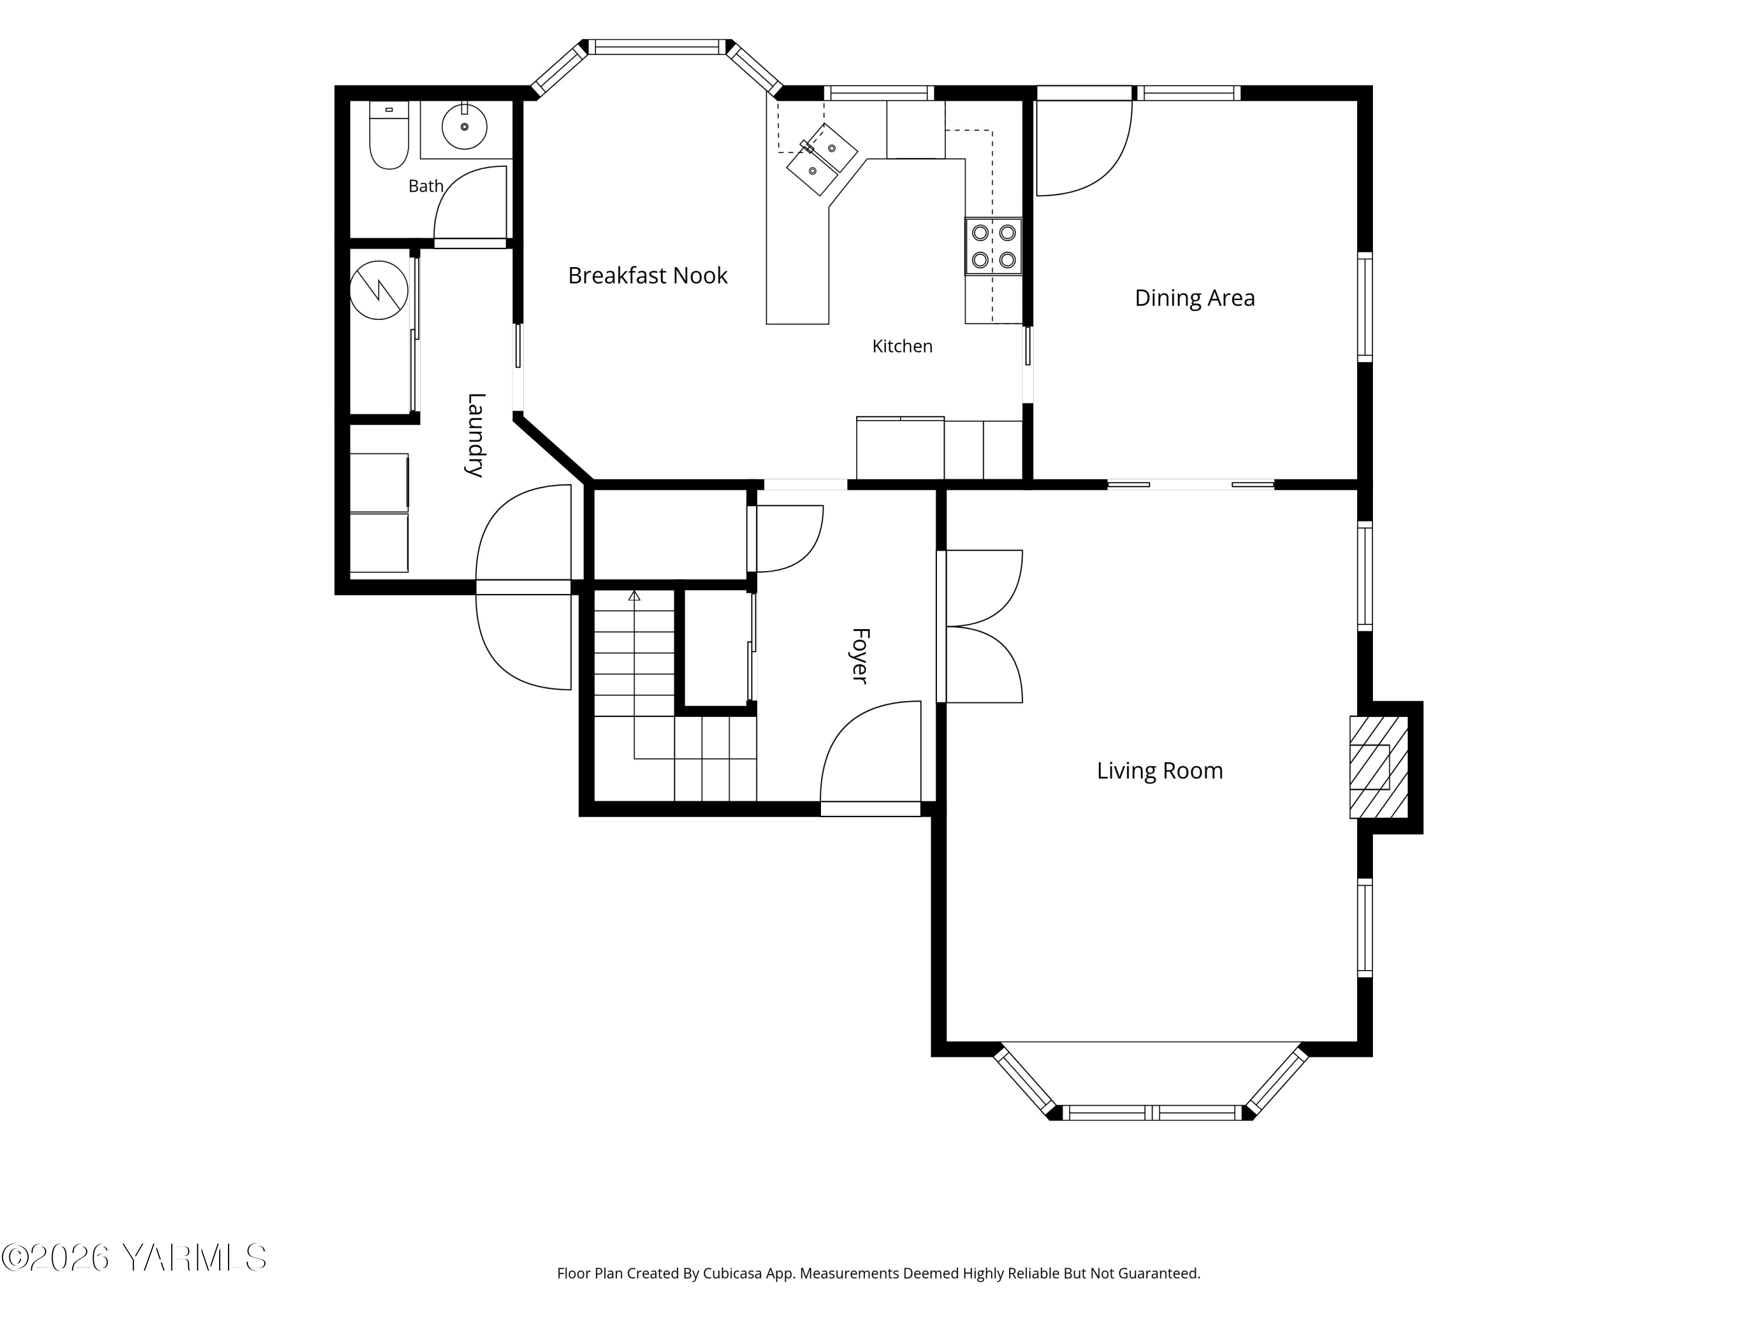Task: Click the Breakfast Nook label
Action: click(648, 276)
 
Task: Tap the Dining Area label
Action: click(1194, 298)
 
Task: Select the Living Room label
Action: click(1160, 771)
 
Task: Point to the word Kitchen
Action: click(902, 346)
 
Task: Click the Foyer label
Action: click(860, 655)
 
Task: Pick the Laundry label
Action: click(475, 435)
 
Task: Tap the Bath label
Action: click(426, 186)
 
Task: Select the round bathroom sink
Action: click(464, 127)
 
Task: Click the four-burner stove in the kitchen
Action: click(993, 246)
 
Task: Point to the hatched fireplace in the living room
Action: click(1379, 767)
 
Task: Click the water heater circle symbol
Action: click(379, 291)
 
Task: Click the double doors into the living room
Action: click(982, 626)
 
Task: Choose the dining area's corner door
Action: click(1084, 148)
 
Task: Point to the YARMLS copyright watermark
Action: click(134, 1258)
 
